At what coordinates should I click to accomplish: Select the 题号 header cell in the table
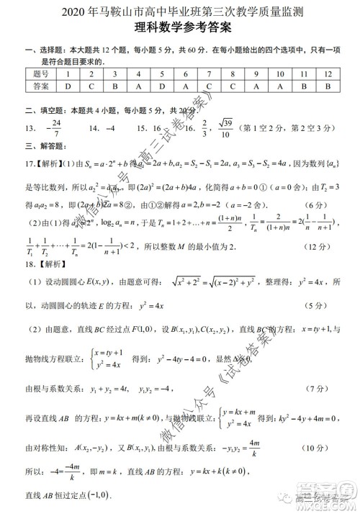pos(41,74)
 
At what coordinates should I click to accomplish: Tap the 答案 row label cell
pos(41,86)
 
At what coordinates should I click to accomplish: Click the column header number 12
pos(328,74)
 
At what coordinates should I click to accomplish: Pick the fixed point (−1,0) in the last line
pos(96,496)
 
